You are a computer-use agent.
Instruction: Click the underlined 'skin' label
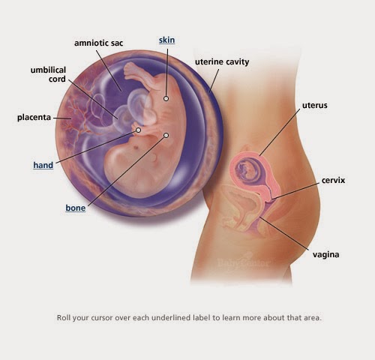(166, 40)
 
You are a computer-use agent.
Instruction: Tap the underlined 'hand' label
(43, 165)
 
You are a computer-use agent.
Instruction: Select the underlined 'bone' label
(76, 208)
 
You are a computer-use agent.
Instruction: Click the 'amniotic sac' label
(99, 43)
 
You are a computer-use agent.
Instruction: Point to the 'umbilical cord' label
(48, 74)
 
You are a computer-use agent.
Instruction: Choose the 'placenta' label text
(34, 117)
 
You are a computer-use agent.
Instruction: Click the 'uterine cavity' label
(222, 62)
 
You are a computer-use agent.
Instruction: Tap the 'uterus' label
(315, 106)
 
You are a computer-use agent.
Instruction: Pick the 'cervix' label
(333, 180)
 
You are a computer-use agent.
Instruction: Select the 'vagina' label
(326, 255)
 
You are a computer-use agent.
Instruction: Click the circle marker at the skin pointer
(166, 98)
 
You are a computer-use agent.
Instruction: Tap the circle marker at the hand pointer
(138, 130)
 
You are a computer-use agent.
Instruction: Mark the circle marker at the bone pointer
(166, 136)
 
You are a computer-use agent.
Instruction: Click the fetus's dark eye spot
(136, 146)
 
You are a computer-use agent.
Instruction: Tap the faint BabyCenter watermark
(243, 263)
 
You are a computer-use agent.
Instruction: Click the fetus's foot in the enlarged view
(131, 69)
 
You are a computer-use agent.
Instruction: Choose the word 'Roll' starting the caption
(64, 318)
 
